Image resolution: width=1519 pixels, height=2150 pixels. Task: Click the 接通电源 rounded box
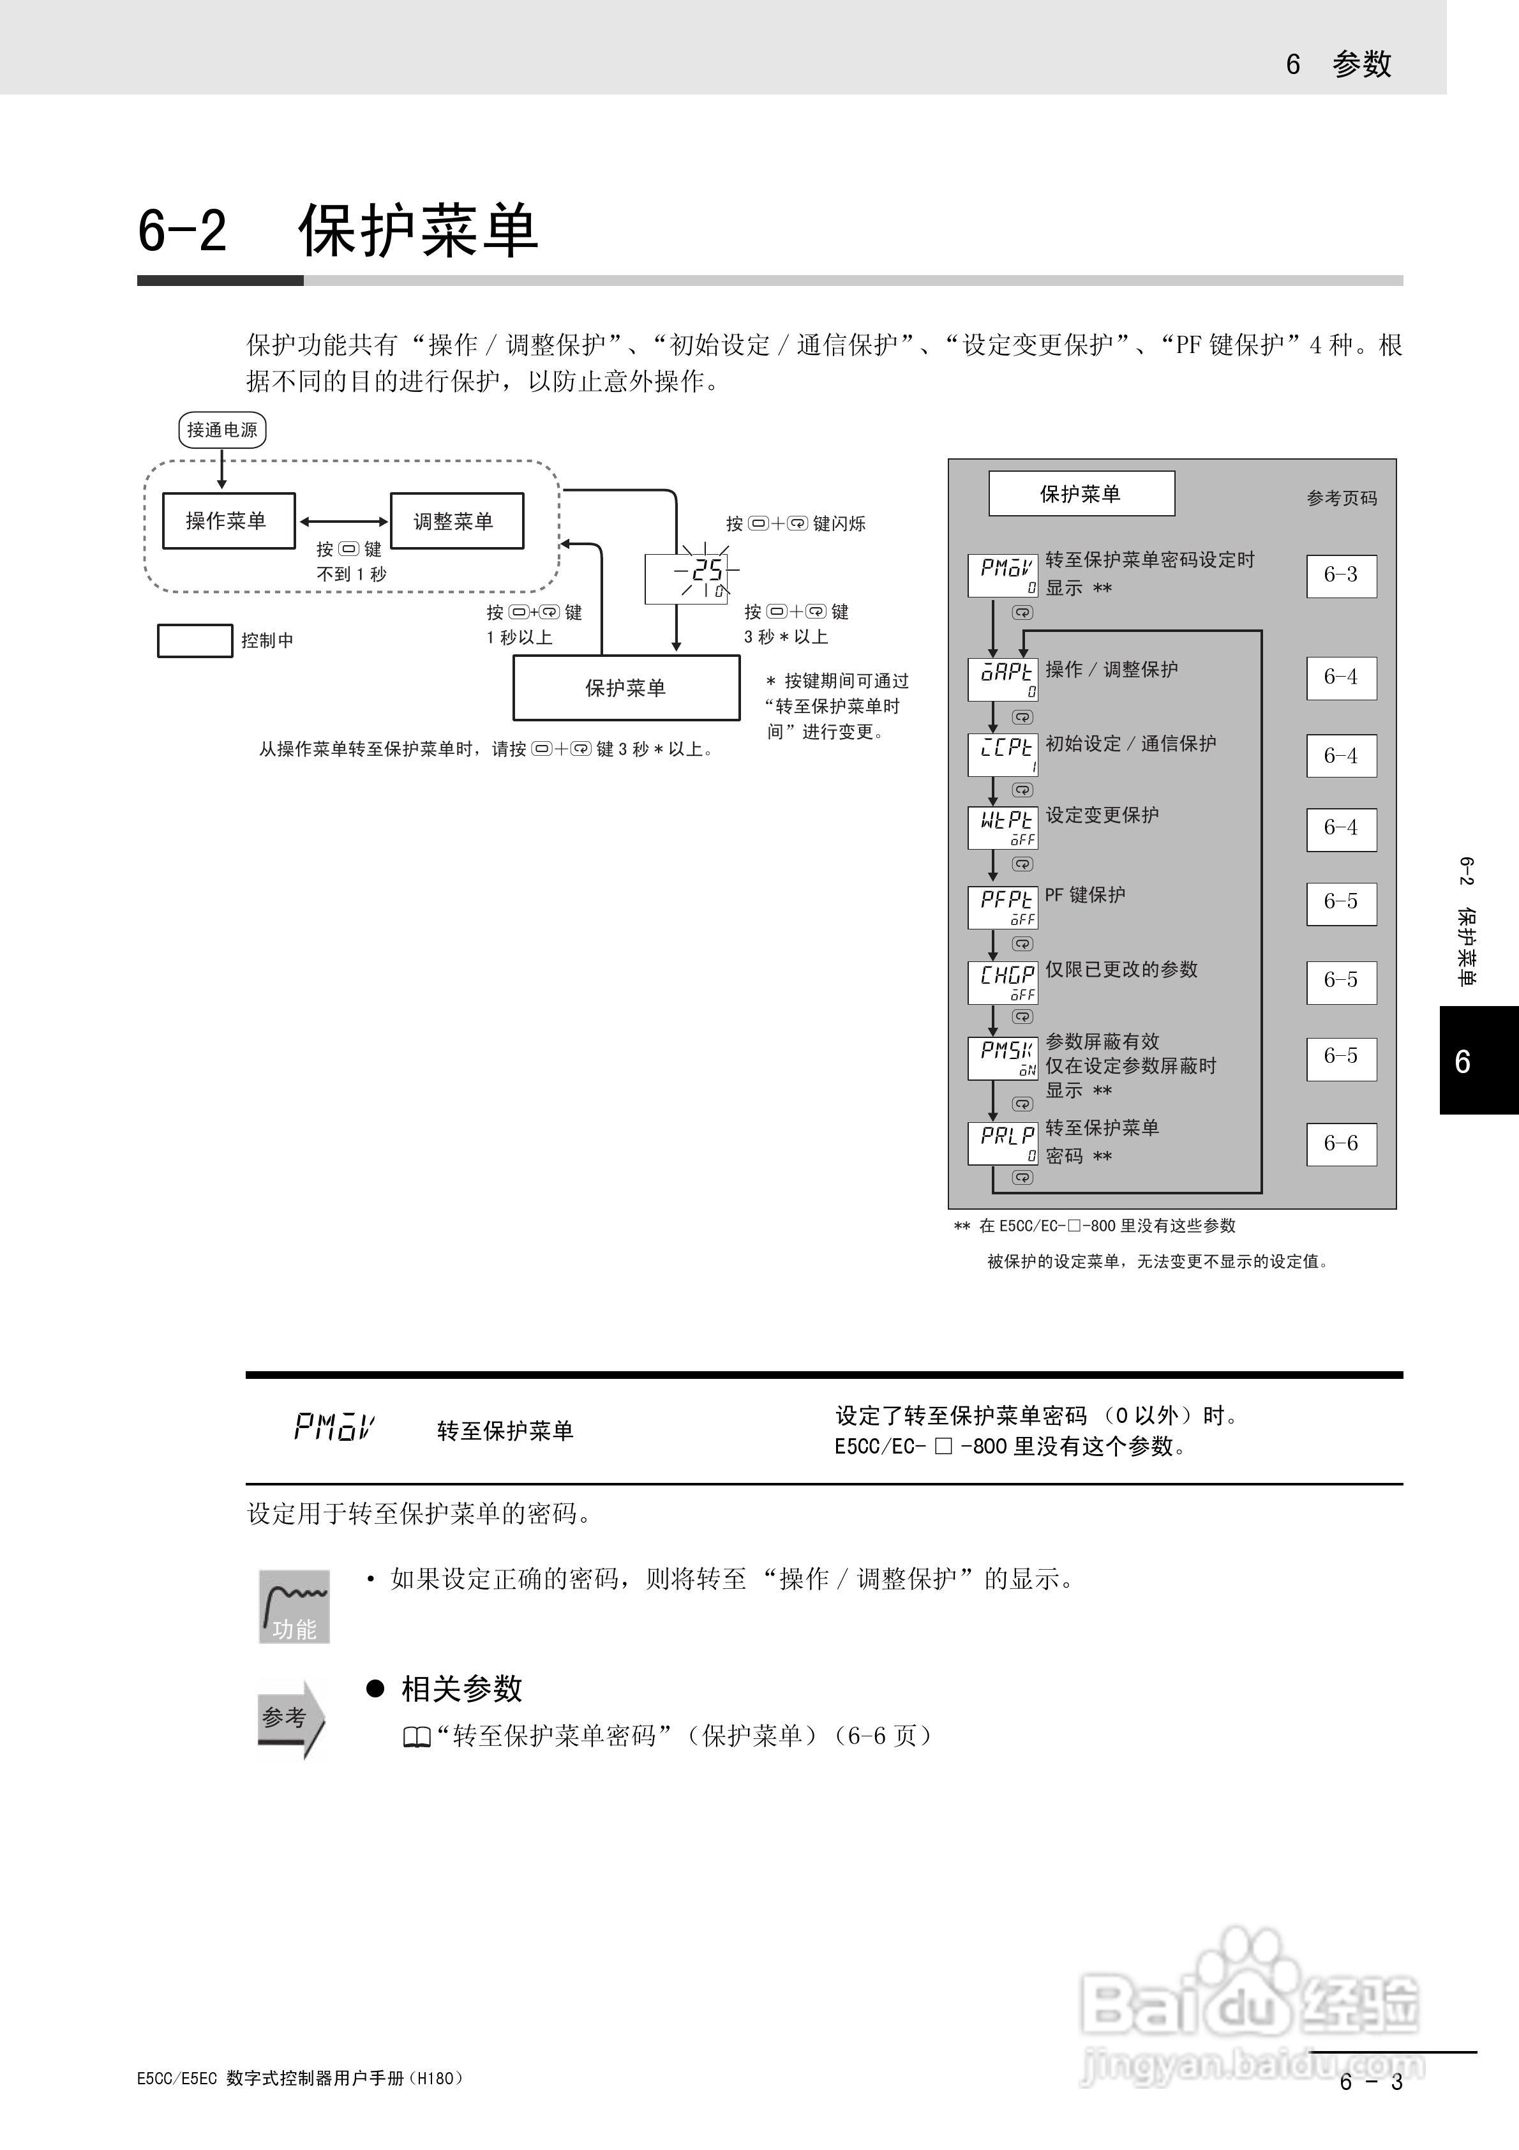tap(222, 430)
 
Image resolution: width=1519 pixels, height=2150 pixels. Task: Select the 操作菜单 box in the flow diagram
tap(228, 521)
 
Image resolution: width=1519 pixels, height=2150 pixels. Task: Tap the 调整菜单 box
tap(456, 521)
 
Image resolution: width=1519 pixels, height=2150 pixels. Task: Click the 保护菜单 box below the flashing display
tap(625, 688)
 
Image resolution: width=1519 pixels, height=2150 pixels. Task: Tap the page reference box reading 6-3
tap(1341, 575)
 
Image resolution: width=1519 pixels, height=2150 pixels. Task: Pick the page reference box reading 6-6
tap(1341, 1143)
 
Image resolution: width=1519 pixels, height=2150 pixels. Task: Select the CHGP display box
tap(1003, 981)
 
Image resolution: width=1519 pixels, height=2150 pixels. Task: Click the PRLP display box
tap(1003, 1143)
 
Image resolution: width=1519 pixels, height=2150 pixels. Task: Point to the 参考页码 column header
tap(1341, 498)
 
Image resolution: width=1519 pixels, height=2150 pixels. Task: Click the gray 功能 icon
tap(294, 1606)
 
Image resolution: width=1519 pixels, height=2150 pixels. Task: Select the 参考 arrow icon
tap(290, 1718)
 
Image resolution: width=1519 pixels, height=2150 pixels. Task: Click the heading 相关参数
tap(461, 1688)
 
